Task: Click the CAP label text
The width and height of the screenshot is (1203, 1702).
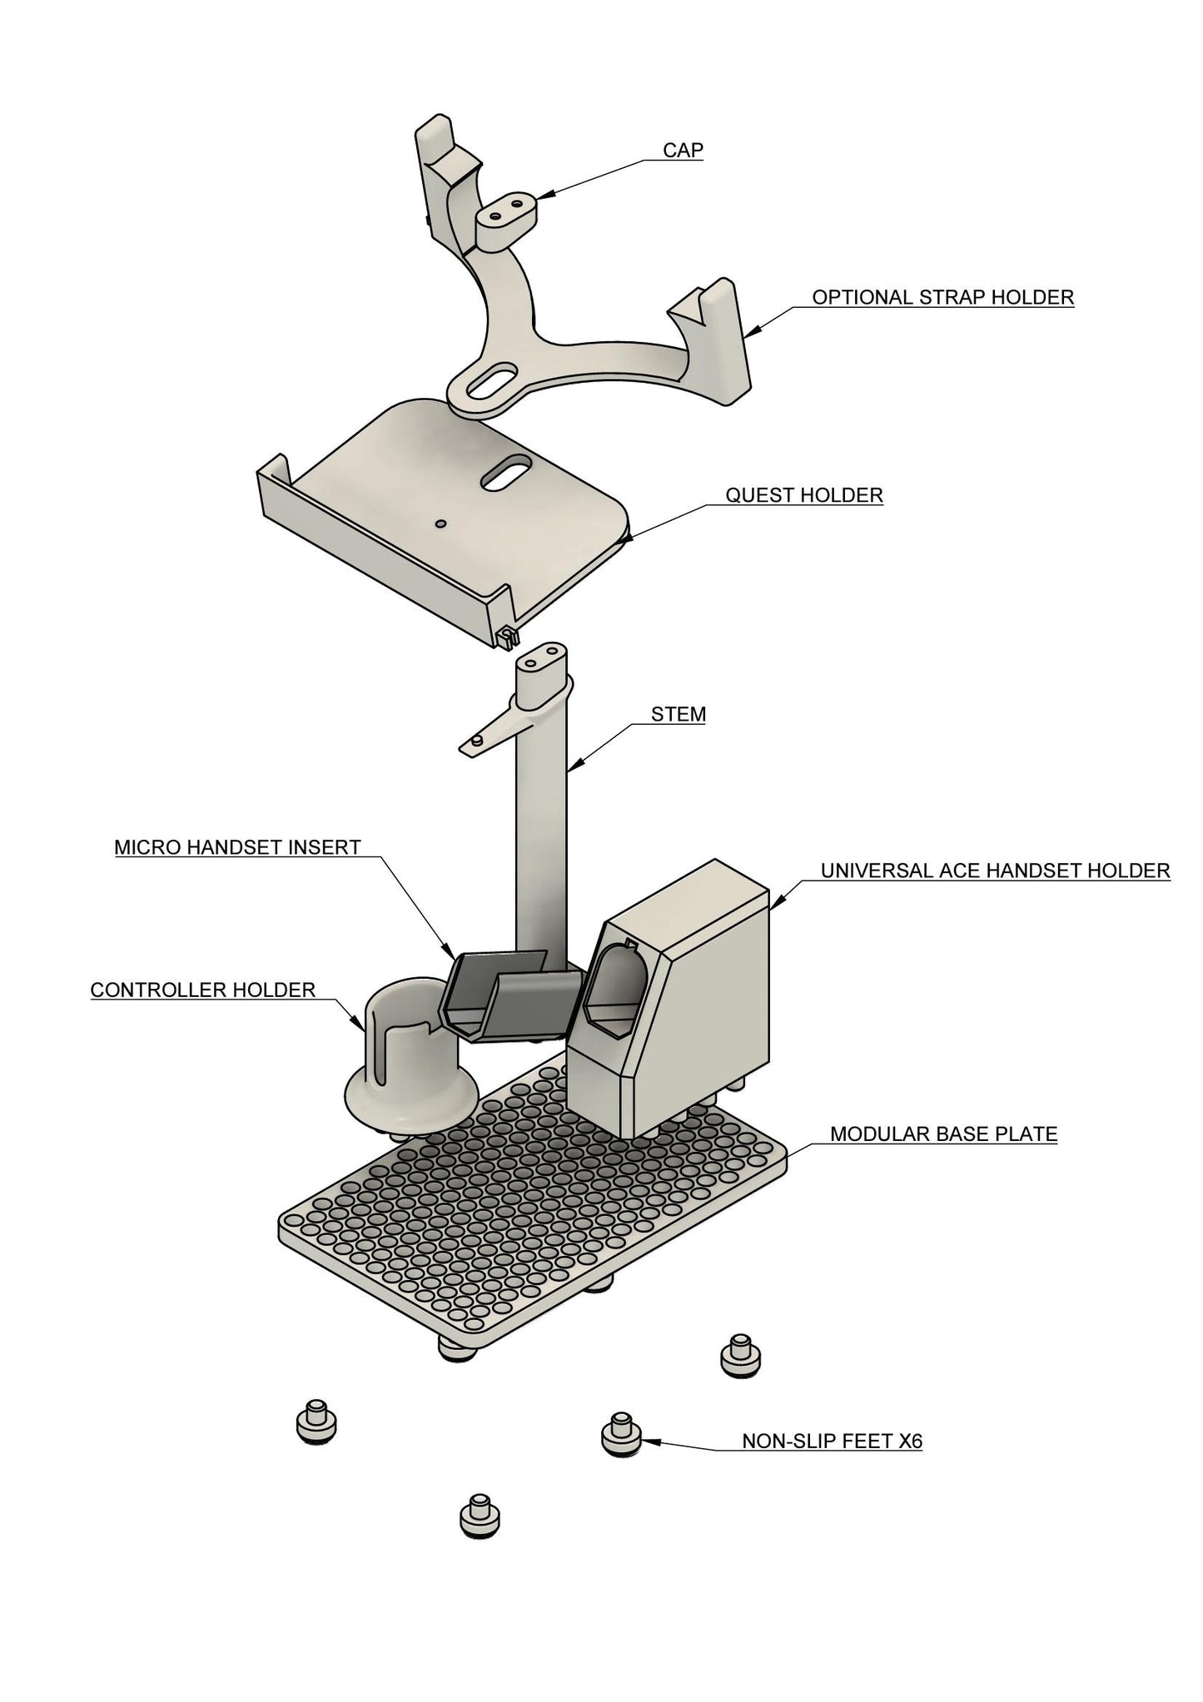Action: (683, 150)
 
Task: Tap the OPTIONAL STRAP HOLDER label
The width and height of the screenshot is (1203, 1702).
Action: (942, 297)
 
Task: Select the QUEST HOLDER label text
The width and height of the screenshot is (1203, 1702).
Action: (803, 495)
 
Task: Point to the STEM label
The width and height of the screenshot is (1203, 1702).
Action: (678, 714)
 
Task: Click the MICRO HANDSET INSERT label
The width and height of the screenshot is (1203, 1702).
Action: (237, 847)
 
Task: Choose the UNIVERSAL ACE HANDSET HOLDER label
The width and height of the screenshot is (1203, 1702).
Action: (995, 871)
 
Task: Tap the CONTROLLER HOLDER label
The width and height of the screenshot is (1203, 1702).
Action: (202, 990)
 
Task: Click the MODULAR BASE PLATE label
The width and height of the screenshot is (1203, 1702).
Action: (943, 1134)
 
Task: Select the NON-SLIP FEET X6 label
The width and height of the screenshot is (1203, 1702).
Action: (832, 1441)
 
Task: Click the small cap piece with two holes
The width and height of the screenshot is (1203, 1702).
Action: (506, 217)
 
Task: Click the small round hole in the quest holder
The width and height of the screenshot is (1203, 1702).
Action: (441, 524)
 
